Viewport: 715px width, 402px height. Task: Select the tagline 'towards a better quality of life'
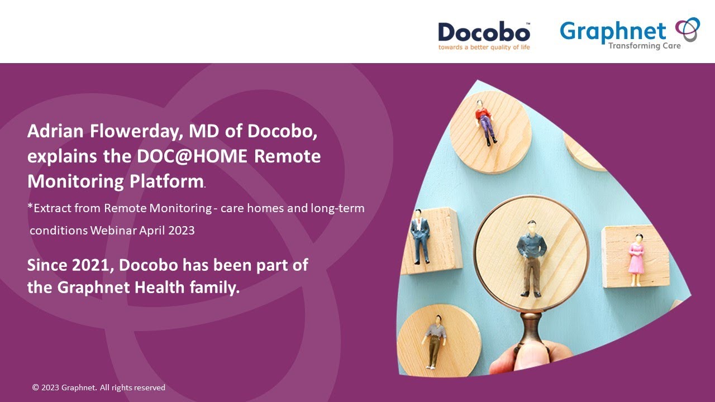point(484,47)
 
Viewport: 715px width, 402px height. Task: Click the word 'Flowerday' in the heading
point(136,132)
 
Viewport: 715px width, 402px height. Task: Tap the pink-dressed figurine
point(636,260)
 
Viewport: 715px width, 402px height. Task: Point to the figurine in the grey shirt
point(435,341)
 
